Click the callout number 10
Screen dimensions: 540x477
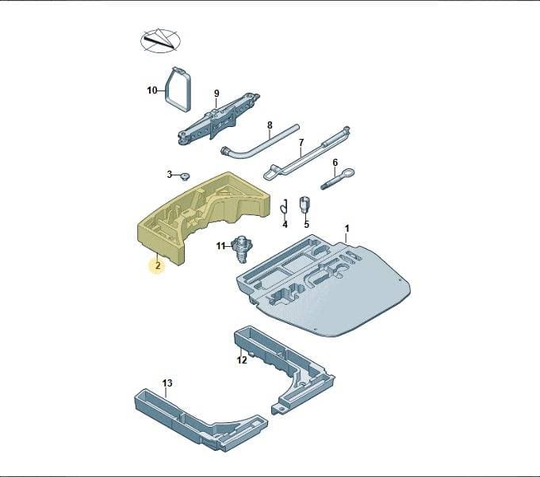(x=152, y=90)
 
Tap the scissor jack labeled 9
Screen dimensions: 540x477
(x=217, y=118)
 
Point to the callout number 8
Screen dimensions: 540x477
(x=270, y=125)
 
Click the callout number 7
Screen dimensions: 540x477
(x=301, y=142)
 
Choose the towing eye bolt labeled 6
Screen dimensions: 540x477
(x=338, y=179)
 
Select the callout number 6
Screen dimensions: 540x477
(x=335, y=163)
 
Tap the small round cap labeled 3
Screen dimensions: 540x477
(x=186, y=177)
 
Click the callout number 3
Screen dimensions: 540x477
(x=170, y=175)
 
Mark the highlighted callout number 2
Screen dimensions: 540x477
(x=158, y=266)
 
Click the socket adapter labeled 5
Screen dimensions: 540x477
(x=304, y=206)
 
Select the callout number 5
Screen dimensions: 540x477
(x=307, y=225)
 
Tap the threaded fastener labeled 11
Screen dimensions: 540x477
(x=241, y=249)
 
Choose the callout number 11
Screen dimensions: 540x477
(x=220, y=246)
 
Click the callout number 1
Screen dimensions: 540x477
(x=347, y=228)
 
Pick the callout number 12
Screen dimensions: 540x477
(x=242, y=360)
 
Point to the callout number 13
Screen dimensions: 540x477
(x=167, y=383)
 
